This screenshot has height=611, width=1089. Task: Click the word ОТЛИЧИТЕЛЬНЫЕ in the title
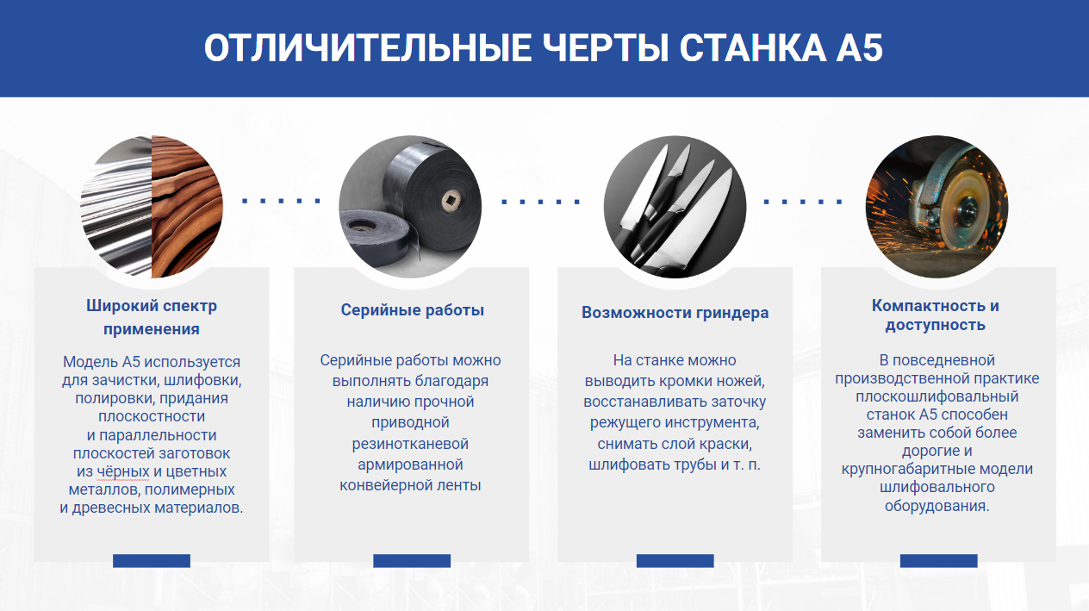[x=368, y=48]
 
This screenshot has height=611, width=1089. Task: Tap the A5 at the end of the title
[x=860, y=48]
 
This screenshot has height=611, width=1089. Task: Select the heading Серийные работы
[x=413, y=310]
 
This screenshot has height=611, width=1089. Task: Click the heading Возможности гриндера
[x=675, y=312]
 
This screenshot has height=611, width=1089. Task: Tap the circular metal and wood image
[x=152, y=207]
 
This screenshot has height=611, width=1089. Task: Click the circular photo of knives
[x=675, y=207]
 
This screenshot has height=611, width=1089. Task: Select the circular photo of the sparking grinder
[x=937, y=207]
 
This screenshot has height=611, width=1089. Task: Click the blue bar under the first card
[x=152, y=561]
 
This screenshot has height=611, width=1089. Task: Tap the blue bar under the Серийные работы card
[x=412, y=561]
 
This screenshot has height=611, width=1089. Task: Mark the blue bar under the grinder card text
[x=675, y=561]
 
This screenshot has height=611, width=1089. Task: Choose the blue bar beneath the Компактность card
[x=939, y=561]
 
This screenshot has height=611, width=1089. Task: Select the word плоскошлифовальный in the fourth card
[x=937, y=396]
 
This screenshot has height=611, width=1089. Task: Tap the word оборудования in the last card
[x=937, y=506]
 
